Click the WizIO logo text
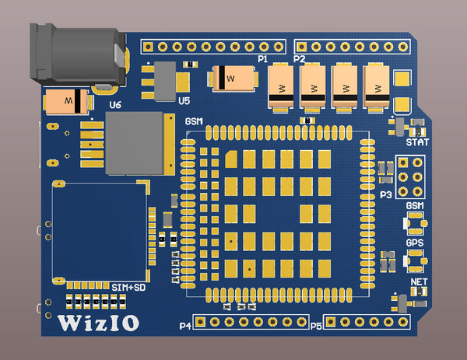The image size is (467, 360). [98, 323]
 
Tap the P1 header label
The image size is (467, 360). [263, 59]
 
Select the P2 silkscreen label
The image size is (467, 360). [300, 59]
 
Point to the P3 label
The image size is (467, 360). [386, 195]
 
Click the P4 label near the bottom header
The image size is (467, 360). [185, 326]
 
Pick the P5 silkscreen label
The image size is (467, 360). [316, 327]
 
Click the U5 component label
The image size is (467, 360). [184, 101]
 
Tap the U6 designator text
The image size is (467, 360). [115, 105]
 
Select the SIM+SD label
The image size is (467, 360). [128, 288]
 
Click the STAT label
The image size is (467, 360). [417, 142]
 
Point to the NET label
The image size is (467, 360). [419, 281]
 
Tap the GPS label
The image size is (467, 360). [415, 243]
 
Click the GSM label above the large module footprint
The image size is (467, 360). [194, 121]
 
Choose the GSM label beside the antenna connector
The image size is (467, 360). [415, 205]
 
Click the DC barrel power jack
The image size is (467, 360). [78, 54]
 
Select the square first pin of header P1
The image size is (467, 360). [148, 47]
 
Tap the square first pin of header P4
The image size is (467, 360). [200, 322]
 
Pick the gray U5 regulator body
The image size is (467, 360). [165, 81]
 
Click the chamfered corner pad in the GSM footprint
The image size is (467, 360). [231, 159]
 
